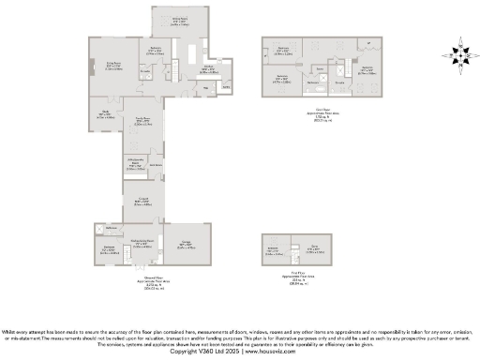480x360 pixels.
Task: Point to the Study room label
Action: pyautogui.click(x=107, y=114)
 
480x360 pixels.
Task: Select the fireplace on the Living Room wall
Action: pyautogui.click(x=92, y=66)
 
